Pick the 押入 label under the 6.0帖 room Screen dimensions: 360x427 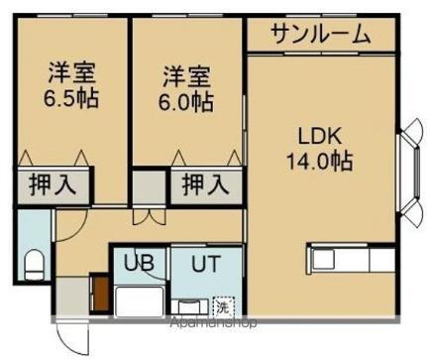coord(204,183)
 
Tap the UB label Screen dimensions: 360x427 coord(138,264)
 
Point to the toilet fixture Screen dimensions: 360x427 coord(33,264)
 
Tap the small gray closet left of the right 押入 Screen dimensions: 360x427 coord(150,185)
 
